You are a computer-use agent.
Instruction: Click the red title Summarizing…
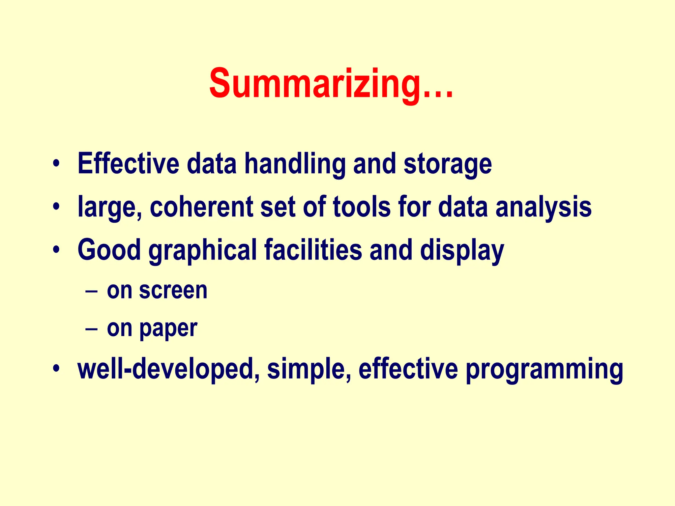pyautogui.click(x=331, y=83)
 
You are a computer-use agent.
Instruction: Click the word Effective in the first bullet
pyautogui.click(x=128, y=164)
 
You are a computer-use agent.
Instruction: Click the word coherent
pyautogui.click(x=201, y=207)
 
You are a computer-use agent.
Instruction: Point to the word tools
pyautogui.click(x=362, y=207)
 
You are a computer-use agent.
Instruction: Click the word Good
pyautogui.click(x=109, y=250)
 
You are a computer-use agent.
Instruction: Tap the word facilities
pyautogui.click(x=313, y=250)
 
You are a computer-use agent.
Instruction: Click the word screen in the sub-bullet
pyautogui.click(x=173, y=291)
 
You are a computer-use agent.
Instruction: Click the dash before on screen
pyautogui.click(x=91, y=292)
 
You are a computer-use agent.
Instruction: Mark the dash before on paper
pyautogui.click(x=91, y=329)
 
